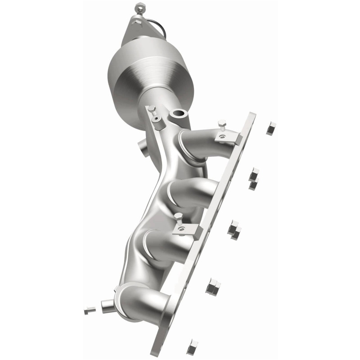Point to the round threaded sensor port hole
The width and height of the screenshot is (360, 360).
point(179,114)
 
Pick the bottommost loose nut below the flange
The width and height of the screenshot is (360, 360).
point(193,346)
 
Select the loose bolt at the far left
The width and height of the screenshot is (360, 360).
point(90,310)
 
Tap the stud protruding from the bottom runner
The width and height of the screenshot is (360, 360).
point(108,306)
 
